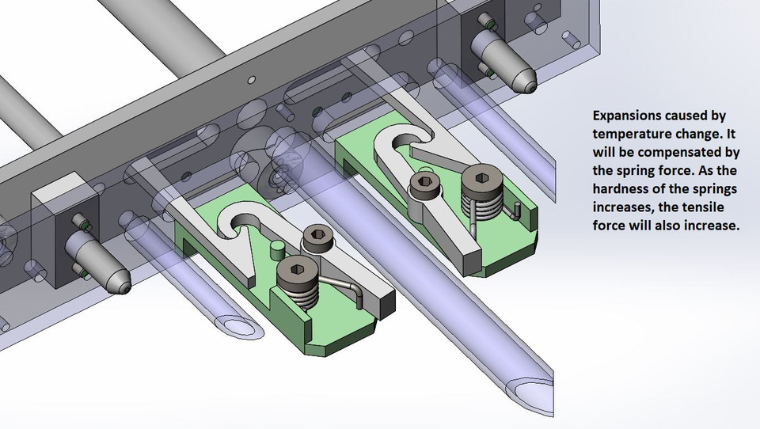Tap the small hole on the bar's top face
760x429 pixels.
tap(251, 79)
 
